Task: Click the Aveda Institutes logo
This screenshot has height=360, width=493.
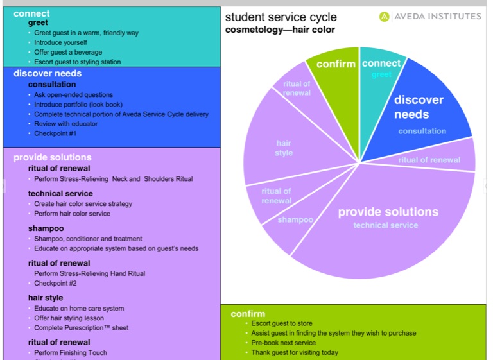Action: pyautogui.click(x=429, y=16)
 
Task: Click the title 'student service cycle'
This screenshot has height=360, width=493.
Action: pyautogui.click(x=281, y=17)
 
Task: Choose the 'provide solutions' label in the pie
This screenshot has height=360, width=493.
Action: pyautogui.click(x=388, y=212)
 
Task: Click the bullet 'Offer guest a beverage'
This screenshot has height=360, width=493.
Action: pyautogui.click(x=70, y=52)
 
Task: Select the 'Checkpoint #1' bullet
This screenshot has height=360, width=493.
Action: pyautogui.click(x=55, y=133)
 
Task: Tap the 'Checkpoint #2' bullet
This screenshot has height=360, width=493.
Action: pyautogui.click(x=55, y=283)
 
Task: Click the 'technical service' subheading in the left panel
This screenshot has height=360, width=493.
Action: pyautogui.click(x=60, y=193)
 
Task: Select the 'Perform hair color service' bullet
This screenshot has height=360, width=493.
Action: pyautogui.click(x=72, y=214)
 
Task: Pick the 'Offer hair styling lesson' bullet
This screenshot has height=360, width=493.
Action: pyautogui.click(x=69, y=318)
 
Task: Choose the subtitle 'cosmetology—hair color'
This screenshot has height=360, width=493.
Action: pyautogui.click(x=280, y=30)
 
